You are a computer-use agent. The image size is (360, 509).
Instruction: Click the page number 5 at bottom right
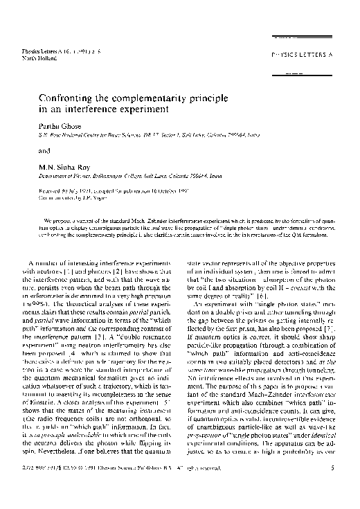332,488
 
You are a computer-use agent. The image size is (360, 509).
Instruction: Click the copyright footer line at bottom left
117,488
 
